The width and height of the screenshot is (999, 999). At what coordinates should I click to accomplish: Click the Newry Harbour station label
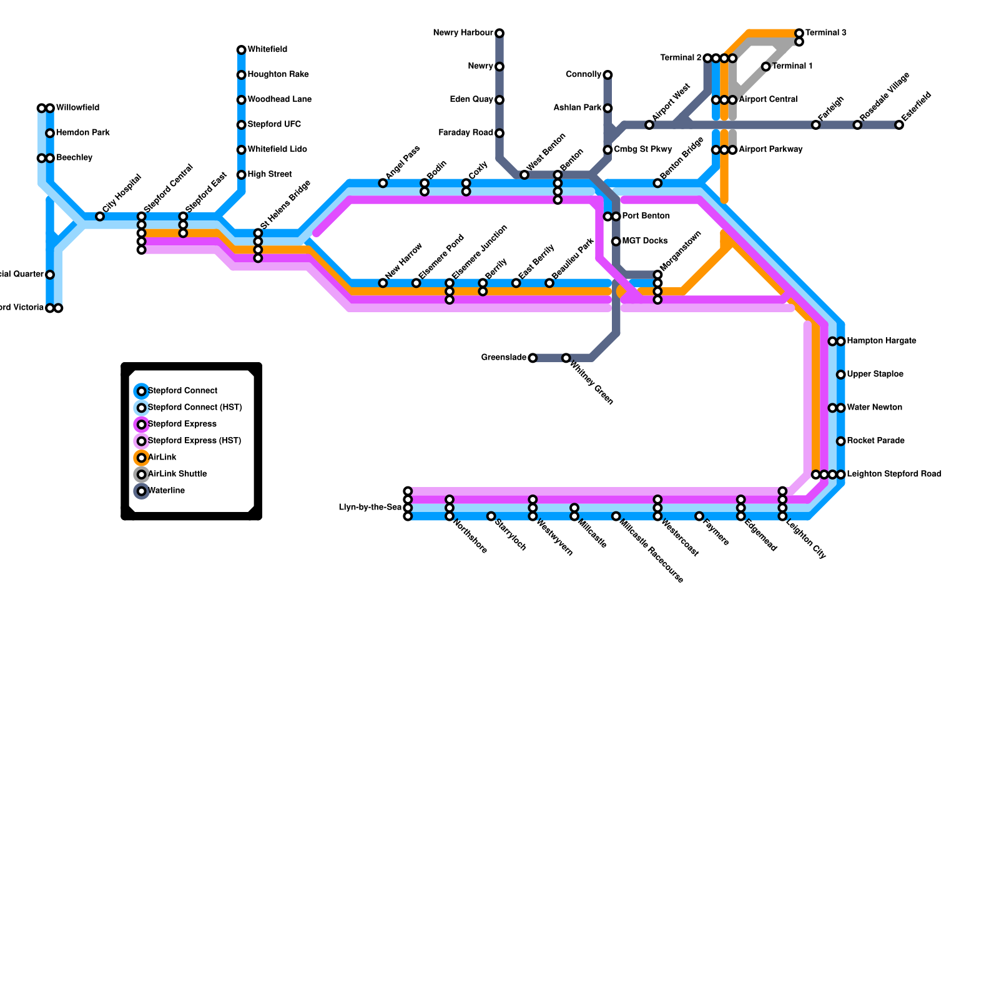[x=463, y=33]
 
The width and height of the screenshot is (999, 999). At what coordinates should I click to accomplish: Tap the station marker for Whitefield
[x=241, y=50]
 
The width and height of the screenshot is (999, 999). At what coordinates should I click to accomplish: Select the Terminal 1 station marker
[x=765, y=67]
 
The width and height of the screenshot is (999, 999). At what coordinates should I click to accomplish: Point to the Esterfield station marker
[x=899, y=125]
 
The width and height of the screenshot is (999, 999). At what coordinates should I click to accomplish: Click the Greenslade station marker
[x=533, y=358]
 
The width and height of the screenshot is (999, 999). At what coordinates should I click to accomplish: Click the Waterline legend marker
[x=142, y=491]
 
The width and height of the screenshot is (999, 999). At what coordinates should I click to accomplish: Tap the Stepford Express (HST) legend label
[x=194, y=441]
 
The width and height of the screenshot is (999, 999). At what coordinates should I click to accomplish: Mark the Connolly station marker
[x=608, y=75]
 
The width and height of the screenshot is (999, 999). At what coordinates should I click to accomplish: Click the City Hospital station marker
[x=100, y=217]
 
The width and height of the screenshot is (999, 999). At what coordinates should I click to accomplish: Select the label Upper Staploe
[x=875, y=375]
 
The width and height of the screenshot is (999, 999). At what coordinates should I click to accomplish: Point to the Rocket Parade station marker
[x=841, y=441]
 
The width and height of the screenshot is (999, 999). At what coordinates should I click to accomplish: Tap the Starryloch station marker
[x=491, y=516]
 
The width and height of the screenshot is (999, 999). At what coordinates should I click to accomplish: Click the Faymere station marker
[x=699, y=516]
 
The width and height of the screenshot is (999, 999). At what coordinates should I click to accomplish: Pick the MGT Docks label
[x=645, y=241]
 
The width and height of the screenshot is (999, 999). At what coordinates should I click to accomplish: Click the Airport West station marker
[x=649, y=125]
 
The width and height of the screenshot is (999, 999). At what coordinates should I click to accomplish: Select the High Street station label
[x=270, y=175]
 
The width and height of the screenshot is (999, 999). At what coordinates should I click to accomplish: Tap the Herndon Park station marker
[x=50, y=133]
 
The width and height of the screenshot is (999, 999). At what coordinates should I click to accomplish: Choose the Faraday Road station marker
[x=499, y=133]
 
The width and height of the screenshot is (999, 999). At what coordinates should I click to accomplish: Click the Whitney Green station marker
[x=566, y=358]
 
